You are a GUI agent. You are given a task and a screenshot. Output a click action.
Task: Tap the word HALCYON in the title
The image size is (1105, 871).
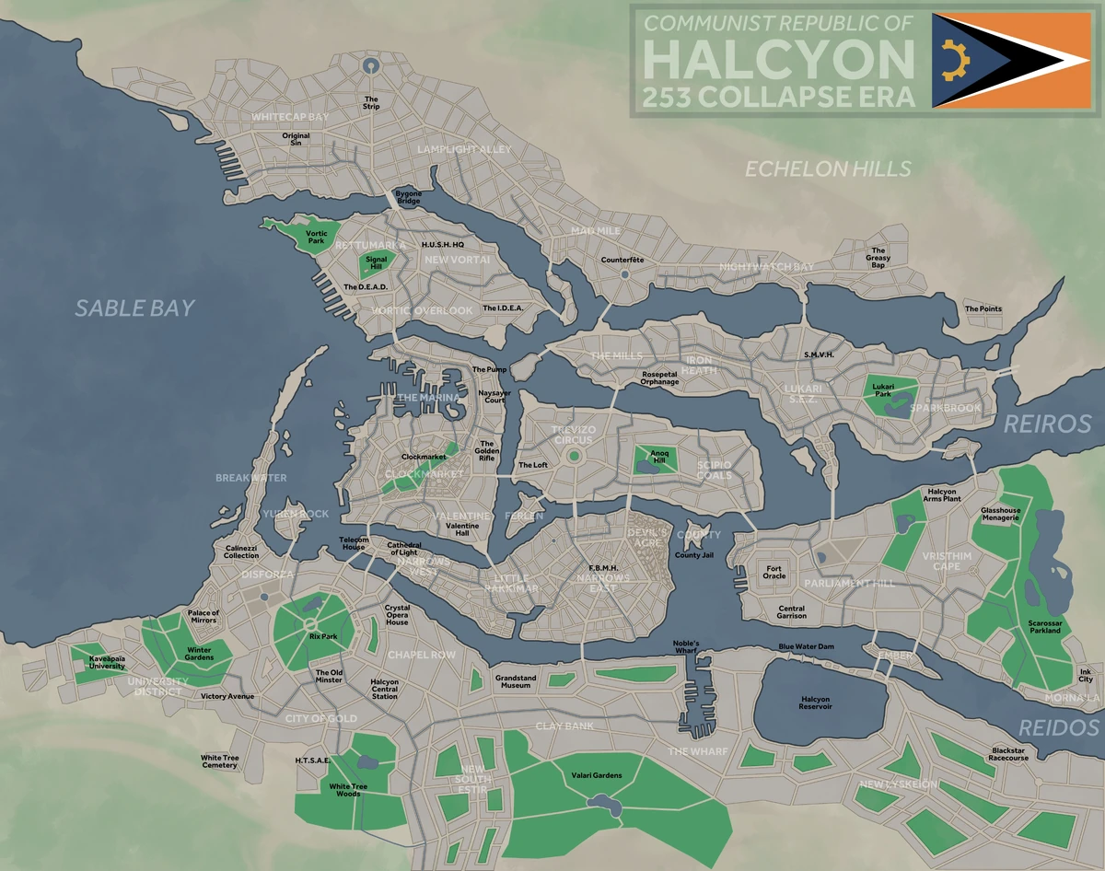pos(779,58)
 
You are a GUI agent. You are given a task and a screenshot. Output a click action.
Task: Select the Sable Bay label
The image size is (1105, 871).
pos(135,308)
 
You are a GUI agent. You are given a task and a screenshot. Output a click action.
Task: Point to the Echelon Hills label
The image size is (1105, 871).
pos(828,168)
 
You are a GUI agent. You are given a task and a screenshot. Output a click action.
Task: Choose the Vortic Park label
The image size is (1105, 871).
pos(317,238)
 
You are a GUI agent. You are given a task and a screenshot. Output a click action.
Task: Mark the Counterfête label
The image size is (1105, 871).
pos(622,260)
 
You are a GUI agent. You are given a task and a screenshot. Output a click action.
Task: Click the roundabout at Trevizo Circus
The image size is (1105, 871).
pos(575,455)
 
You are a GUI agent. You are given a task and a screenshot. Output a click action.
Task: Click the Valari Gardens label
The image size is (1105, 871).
pos(596,775)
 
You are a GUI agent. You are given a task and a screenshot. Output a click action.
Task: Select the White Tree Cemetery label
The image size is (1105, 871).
pos(219,761)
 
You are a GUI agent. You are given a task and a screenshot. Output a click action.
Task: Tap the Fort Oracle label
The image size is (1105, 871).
pos(774,572)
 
